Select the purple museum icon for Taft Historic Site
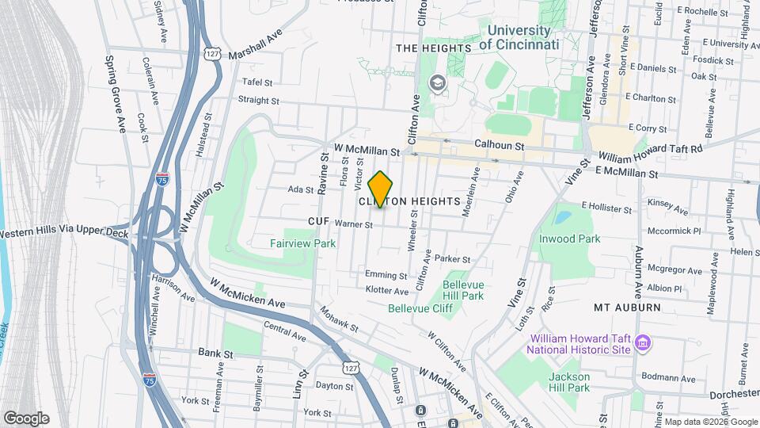644,343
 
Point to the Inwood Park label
569,238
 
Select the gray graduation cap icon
437,82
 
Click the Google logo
25,418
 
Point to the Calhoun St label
499,146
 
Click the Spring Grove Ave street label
116,94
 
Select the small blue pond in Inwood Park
562,216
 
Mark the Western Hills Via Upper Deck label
63,234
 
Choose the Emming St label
386,274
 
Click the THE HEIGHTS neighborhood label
433,48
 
